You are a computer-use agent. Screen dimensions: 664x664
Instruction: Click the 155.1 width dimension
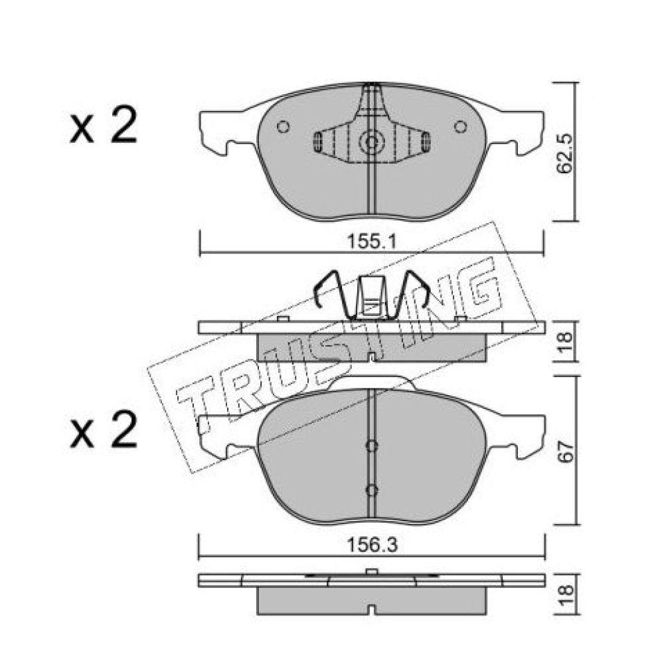pos(371,242)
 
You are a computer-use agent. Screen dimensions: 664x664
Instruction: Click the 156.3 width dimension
pos(372,545)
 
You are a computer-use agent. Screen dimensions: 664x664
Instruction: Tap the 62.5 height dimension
pos(564,154)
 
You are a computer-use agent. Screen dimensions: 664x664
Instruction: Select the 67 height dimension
pos(566,452)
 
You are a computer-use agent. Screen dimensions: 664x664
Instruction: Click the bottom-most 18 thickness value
pos(566,595)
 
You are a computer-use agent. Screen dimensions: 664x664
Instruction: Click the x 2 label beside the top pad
pos(104,125)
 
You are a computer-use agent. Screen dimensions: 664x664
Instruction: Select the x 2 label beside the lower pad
pos(104,429)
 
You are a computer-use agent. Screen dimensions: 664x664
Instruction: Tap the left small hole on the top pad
pos(283,127)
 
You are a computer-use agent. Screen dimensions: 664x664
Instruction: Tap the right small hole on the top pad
pos(460,127)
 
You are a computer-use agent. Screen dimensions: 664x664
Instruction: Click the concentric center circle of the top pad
pos(371,142)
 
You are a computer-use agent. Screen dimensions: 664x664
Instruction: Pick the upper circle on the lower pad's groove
pos(371,446)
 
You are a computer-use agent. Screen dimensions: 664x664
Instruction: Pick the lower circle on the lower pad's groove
pos(371,491)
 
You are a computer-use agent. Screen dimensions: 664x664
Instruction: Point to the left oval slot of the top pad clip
pos(317,142)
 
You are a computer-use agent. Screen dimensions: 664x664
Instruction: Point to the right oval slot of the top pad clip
pos(426,142)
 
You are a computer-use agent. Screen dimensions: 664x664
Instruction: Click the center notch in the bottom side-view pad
pos(371,611)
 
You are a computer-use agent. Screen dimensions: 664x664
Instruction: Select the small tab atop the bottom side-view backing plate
pos(371,572)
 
